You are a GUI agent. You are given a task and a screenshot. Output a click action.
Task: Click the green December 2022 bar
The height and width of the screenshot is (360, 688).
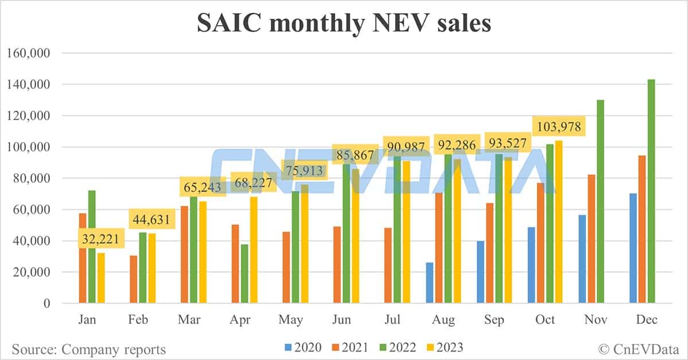coord(651,191)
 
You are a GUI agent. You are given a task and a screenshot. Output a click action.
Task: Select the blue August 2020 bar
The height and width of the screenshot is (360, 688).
coord(430,283)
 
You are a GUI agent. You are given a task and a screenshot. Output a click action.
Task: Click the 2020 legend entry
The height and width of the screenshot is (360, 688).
coord(303,347)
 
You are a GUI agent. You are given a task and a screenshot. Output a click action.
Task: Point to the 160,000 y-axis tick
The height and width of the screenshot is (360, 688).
coord(28,53)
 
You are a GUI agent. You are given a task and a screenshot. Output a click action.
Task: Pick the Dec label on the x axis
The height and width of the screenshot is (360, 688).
coord(646,319)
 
